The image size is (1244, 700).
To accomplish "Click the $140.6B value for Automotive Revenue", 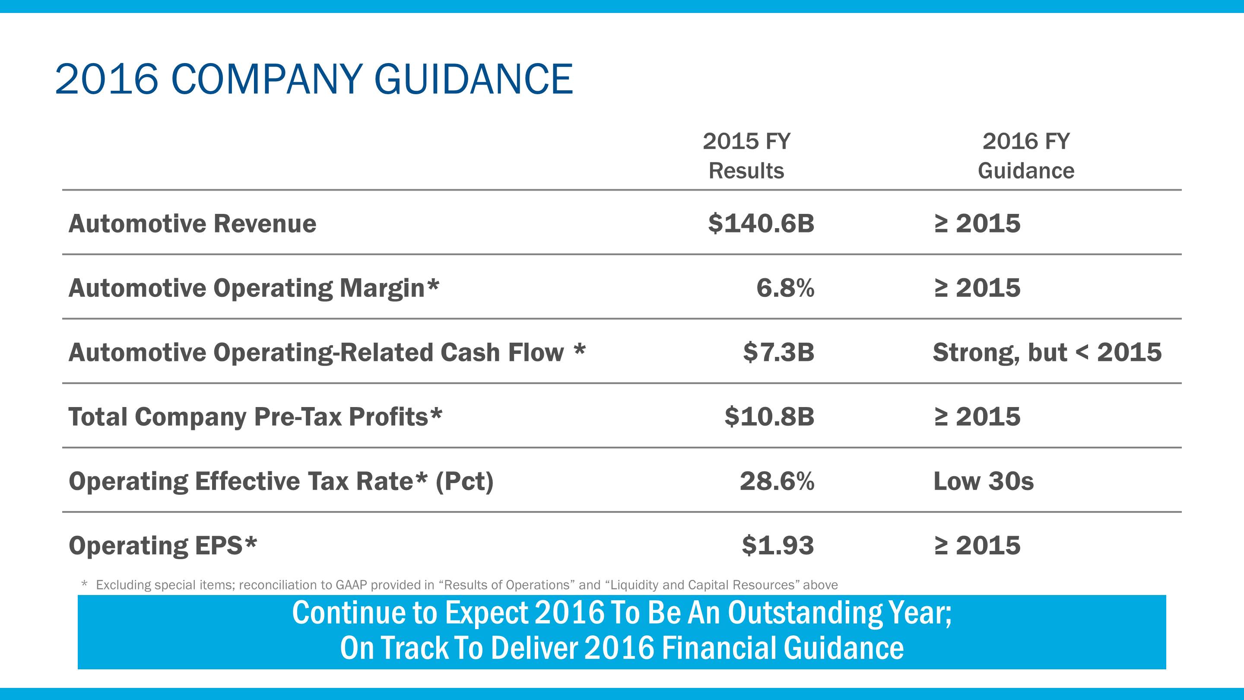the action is [x=761, y=224].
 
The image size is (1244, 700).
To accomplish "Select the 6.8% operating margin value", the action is [x=785, y=288].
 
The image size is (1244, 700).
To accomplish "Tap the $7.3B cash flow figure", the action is [x=778, y=352].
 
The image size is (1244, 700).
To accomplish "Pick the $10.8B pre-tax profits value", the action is [x=769, y=417].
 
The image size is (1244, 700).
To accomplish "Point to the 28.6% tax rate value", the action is [x=777, y=481].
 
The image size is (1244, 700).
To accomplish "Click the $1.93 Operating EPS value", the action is [x=777, y=545].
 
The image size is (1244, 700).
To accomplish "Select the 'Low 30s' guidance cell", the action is [x=983, y=481].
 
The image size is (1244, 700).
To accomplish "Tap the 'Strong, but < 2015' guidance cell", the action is [x=1047, y=353].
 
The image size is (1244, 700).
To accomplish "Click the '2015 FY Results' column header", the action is [x=746, y=156].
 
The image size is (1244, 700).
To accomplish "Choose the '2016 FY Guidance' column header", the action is [x=1026, y=156].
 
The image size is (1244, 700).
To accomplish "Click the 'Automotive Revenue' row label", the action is [x=192, y=224].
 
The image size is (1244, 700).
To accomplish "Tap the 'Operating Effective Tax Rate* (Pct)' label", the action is [x=281, y=482].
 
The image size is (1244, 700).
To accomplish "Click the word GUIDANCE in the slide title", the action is [x=473, y=79].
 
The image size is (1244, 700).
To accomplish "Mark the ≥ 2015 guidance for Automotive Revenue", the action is [x=977, y=224].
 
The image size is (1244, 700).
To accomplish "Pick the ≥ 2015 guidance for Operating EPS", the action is [x=977, y=545].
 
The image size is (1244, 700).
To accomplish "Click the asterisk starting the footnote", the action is [x=85, y=584].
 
